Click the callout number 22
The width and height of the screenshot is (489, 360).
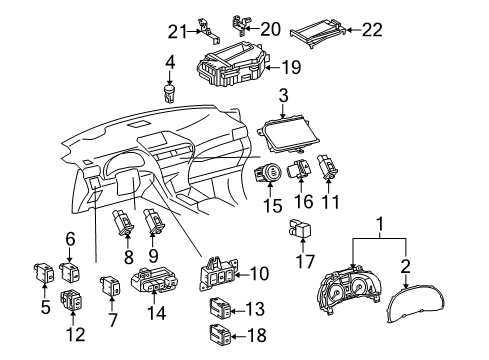[372, 30]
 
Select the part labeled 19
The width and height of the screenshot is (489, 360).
[232, 66]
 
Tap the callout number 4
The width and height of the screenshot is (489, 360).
[170, 62]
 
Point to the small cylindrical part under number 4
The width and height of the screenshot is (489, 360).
[170, 94]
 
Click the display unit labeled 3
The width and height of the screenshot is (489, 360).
[288, 136]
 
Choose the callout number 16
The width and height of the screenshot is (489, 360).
[304, 201]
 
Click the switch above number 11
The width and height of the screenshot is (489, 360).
[328, 166]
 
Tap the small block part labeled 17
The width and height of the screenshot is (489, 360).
[301, 228]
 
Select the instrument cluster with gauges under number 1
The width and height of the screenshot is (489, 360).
[348, 288]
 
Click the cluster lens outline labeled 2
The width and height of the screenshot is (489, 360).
[416, 303]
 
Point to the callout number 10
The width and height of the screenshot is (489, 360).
[259, 274]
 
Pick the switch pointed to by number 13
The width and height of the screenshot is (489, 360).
[220, 307]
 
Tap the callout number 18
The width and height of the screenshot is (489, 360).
[257, 335]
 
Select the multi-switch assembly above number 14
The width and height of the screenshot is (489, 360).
[154, 280]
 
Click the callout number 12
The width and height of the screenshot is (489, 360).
[76, 334]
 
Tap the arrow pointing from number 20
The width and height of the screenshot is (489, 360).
[252, 29]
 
